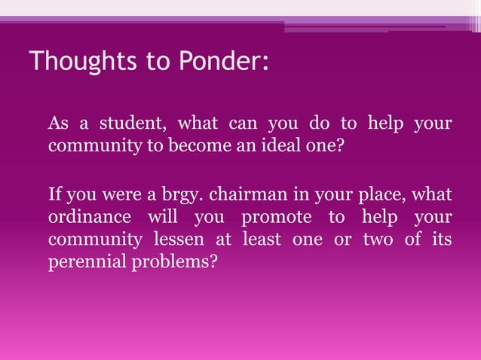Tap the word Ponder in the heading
click(x=219, y=61)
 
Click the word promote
click(x=277, y=218)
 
